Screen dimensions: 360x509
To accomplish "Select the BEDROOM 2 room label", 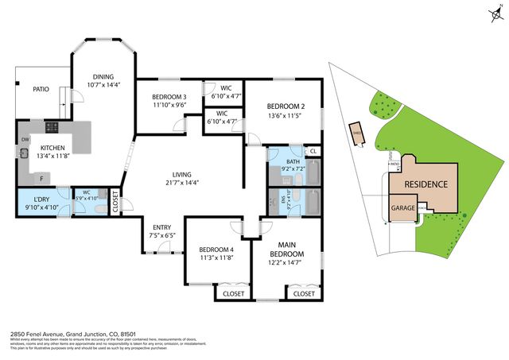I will (285, 106).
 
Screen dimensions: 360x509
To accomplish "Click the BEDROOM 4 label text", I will (216, 250).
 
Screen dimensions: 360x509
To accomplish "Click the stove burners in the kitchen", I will (52, 127).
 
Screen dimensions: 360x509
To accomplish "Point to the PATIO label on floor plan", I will (42, 89).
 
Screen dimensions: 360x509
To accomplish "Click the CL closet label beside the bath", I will (313, 151).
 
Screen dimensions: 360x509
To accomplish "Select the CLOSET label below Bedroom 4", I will (233, 293).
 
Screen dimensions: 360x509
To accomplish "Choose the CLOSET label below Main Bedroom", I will (303, 293).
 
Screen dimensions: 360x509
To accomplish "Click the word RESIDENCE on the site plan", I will (426, 184).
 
